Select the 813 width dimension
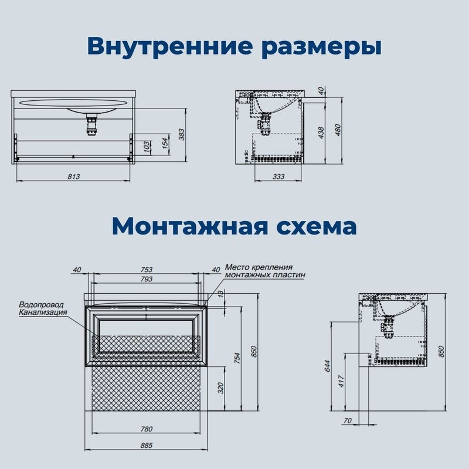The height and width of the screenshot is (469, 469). point(73,176)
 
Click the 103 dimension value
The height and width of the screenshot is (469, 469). point(147,147)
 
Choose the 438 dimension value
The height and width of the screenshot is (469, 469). point(321,134)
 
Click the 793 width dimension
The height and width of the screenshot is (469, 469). point(147,280)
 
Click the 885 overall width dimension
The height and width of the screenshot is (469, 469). point(147,446)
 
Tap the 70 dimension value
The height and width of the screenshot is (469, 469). point(348,420)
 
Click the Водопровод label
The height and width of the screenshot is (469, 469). point(42,305)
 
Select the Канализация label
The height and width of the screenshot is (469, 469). point(43,312)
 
